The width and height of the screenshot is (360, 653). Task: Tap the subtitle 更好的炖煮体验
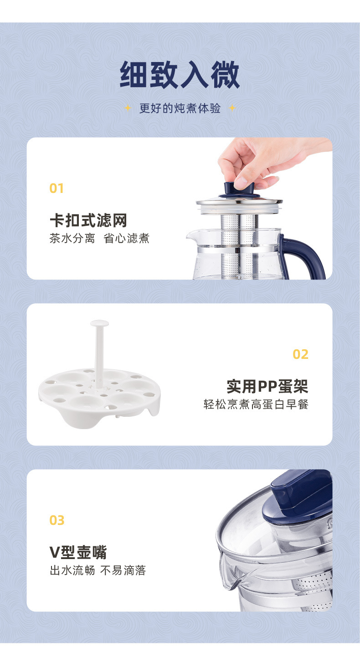point(180,109)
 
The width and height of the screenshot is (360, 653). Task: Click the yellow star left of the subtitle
point(128,109)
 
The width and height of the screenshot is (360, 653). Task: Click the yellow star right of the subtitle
point(231,109)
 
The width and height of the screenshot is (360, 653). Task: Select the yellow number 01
point(57,188)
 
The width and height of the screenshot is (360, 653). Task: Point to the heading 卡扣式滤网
point(88,221)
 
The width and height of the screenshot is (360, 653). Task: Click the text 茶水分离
point(72,238)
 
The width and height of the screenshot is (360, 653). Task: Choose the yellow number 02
point(300,354)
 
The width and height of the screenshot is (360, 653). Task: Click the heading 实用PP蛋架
point(267,387)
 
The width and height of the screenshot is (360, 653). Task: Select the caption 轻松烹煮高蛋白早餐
point(256,404)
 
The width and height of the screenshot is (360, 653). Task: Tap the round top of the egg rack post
point(99,323)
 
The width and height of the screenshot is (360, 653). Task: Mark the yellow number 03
point(57,520)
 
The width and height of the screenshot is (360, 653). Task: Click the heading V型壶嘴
point(78,552)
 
